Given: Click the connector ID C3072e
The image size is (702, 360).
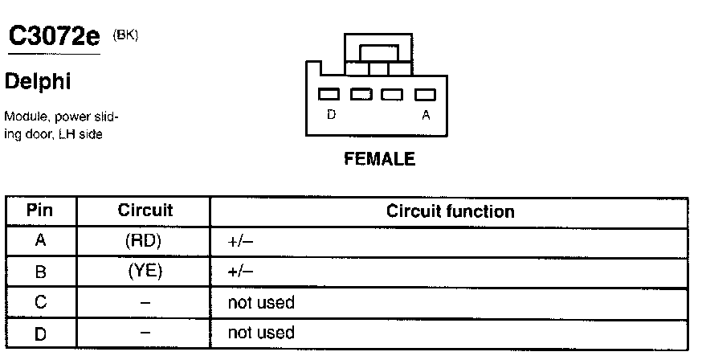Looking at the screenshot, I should (52, 36).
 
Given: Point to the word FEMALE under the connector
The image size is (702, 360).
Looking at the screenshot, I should (379, 159).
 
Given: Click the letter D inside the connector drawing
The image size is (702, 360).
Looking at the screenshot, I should (331, 115).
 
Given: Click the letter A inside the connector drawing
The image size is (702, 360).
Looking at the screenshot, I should (426, 115).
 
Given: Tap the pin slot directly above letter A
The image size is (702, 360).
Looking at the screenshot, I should (424, 94).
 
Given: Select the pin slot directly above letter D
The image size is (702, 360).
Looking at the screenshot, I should (329, 94).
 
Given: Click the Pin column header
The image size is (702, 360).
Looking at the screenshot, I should (40, 211).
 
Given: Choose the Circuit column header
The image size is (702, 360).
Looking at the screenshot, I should (145, 211).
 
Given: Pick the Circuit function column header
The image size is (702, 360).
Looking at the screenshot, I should (450, 211).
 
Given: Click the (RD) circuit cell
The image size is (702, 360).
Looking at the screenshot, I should (145, 241).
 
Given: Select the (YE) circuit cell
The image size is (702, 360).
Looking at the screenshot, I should (145, 272).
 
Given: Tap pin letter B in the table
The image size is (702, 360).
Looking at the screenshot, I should (40, 272).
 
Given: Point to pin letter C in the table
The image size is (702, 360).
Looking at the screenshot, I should (40, 303).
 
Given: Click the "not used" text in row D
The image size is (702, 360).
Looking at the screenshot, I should (262, 332).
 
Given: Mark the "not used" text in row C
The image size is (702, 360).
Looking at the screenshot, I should (262, 302).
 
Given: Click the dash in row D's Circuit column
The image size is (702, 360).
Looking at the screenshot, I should (145, 332).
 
